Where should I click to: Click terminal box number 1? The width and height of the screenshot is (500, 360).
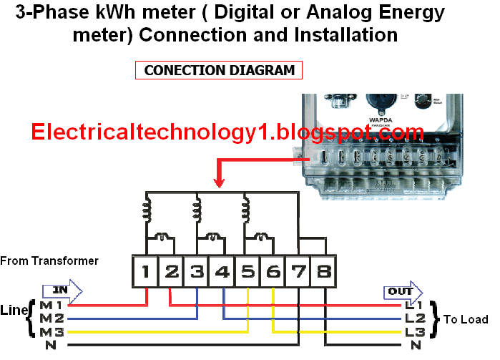tap(145, 273)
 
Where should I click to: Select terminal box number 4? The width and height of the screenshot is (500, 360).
tap(222, 273)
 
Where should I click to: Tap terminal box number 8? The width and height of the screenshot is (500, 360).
tap(323, 273)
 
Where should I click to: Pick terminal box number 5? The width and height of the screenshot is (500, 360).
tap(247, 273)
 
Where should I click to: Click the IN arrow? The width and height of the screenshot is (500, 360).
tap(62, 291)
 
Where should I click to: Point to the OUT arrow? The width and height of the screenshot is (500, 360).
tap(403, 291)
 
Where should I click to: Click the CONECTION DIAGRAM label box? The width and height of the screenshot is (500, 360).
tap(219, 70)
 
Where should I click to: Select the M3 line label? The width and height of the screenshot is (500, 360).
tap(52, 332)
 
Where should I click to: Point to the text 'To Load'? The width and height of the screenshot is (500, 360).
tap(466, 319)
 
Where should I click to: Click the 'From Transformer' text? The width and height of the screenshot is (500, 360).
tap(49, 261)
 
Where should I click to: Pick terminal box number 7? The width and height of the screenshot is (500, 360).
tap(298, 273)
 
